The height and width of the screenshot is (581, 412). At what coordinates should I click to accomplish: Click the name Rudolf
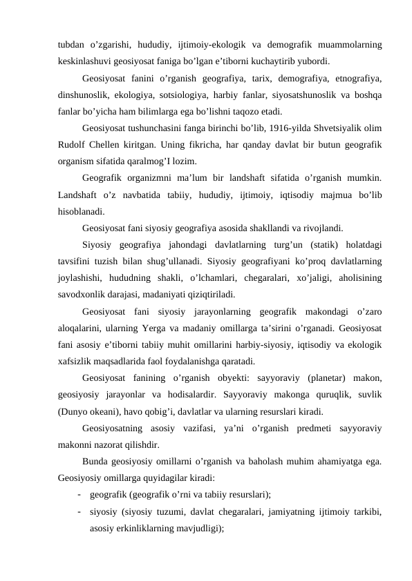(x=73, y=144)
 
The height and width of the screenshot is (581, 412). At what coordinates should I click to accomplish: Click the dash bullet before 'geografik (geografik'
(x=81, y=494)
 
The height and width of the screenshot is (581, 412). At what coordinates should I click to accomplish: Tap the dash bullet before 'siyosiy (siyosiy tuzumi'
(x=81, y=511)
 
